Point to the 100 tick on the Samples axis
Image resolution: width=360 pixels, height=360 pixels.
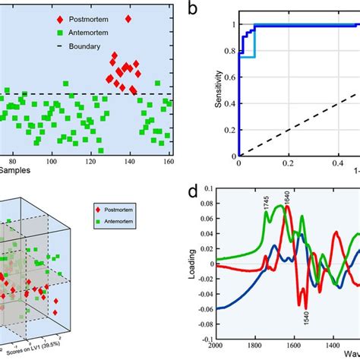[52, 162]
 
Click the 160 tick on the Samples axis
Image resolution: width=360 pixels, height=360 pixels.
[169, 162]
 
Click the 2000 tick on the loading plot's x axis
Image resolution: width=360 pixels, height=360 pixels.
[238, 347]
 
